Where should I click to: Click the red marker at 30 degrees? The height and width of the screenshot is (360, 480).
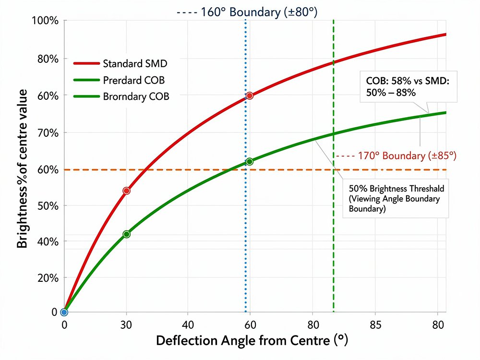(x=126, y=191)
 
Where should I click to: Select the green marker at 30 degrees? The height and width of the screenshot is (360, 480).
(x=126, y=234)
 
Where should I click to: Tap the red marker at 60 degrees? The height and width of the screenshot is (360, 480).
(x=249, y=96)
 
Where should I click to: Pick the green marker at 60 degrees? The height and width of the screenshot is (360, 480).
(x=249, y=161)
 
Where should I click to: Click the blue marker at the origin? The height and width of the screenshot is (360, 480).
(x=64, y=312)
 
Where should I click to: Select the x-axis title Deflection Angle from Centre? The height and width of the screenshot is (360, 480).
(x=252, y=341)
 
